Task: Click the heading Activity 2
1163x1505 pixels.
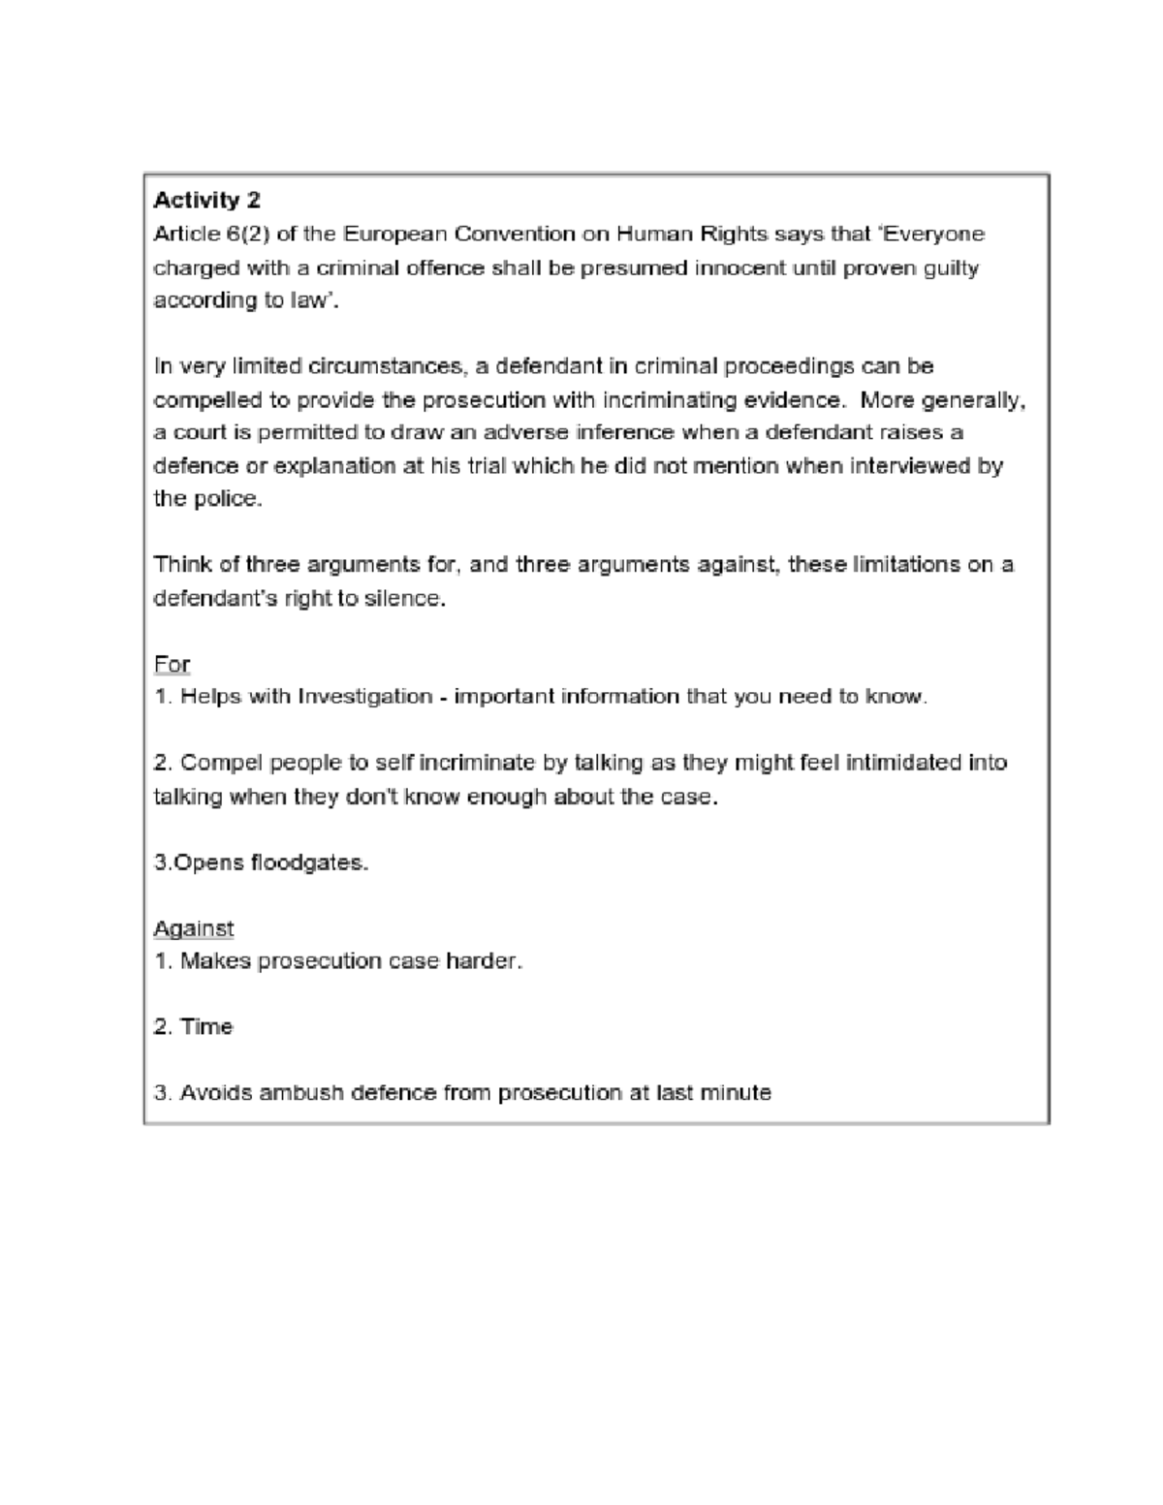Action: (206, 201)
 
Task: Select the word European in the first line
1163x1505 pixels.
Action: (382, 235)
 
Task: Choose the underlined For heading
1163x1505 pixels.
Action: (172, 665)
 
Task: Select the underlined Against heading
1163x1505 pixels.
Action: (194, 928)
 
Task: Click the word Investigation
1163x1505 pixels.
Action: (365, 697)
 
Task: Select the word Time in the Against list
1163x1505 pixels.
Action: (206, 1027)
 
